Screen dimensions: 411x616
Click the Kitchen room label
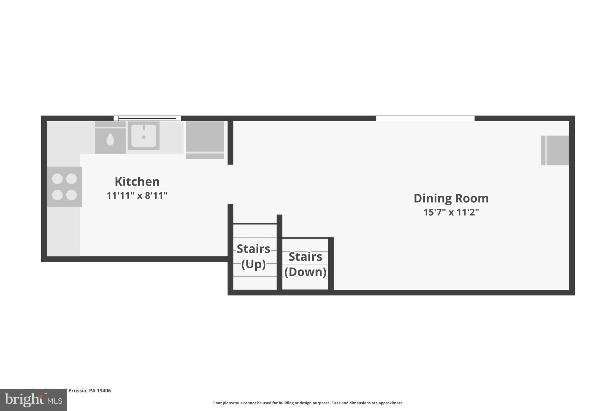pyautogui.click(x=137, y=182)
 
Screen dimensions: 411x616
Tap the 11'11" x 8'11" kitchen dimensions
pyautogui.click(x=137, y=196)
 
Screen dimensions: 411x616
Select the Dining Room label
pyautogui.click(x=451, y=198)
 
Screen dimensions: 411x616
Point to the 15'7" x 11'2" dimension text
pyautogui.click(x=451, y=212)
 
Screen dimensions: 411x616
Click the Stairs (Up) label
pyautogui.click(x=253, y=256)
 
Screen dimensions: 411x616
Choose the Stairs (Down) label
pyautogui.click(x=305, y=264)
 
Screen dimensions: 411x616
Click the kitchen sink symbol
pyautogui.click(x=144, y=135)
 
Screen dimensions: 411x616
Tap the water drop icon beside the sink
pyautogui.click(x=110, y=139)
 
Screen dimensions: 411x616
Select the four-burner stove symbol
pyautogui.click(x=64, y=187)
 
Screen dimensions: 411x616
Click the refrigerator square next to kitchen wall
pyautogui.click(x=205, y=137)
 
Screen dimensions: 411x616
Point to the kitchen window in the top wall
pyautogui.click(x=147, y=118)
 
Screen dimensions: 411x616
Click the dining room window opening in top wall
pyautogui.click(x=425, y=118)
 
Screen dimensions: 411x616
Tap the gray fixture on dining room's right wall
pyautogui.click(x=555, y=150)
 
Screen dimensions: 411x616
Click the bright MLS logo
pyautogui.click(x=33, y=400)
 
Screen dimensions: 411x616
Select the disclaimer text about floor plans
pyautogui.click(x=308, y=403)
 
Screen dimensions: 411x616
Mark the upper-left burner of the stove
pyautogui.click(x=57, y=179)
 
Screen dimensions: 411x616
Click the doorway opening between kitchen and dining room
pyautogui.click(x=230, y=184)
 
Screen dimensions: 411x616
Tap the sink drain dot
pyautogui.click(x=144, y=137)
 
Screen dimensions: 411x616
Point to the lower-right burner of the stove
pyautogui.click(x=71, y=195)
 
